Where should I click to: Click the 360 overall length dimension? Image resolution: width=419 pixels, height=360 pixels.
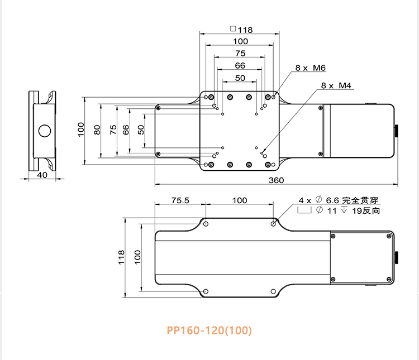(276, 180)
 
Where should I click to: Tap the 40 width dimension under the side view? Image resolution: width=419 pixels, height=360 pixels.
(42, 175)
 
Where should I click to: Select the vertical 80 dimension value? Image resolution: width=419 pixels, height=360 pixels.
(97, 129)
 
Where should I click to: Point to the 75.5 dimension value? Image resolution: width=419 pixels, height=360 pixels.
(179, 200)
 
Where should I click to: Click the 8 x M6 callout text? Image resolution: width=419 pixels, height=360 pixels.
(310, 68)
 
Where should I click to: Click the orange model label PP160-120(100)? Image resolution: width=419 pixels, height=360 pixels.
(209, 330)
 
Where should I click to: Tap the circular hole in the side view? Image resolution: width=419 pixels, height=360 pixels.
(44, 132)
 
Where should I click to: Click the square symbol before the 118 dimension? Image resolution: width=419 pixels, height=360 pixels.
(233, 29)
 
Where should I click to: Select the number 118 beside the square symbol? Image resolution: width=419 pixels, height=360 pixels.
(245, 30)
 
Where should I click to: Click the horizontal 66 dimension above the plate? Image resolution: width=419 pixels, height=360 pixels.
(240, 65)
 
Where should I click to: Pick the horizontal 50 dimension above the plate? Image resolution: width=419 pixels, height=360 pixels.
(240, 78)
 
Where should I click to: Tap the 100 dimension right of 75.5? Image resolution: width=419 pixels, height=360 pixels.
(240, 200)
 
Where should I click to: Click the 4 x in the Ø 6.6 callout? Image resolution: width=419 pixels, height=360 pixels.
(305, 200)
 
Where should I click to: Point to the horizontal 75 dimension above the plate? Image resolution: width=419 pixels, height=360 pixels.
(240, 53)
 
